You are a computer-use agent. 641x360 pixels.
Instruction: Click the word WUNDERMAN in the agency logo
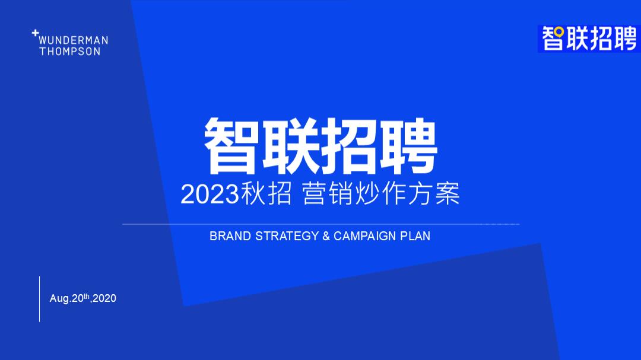(74, 40)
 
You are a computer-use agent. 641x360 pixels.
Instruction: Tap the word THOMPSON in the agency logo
(70, 52)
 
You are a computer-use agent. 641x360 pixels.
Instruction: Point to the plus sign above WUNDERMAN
(35, 34)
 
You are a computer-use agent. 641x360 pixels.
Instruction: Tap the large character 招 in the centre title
(350, 145)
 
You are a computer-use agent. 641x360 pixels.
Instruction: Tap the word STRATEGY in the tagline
(287, 236)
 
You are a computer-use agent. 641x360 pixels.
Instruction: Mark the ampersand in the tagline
(326, 236)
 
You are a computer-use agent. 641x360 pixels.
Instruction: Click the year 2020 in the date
(104, 298)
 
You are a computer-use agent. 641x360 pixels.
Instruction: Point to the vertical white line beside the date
(40, 299)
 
